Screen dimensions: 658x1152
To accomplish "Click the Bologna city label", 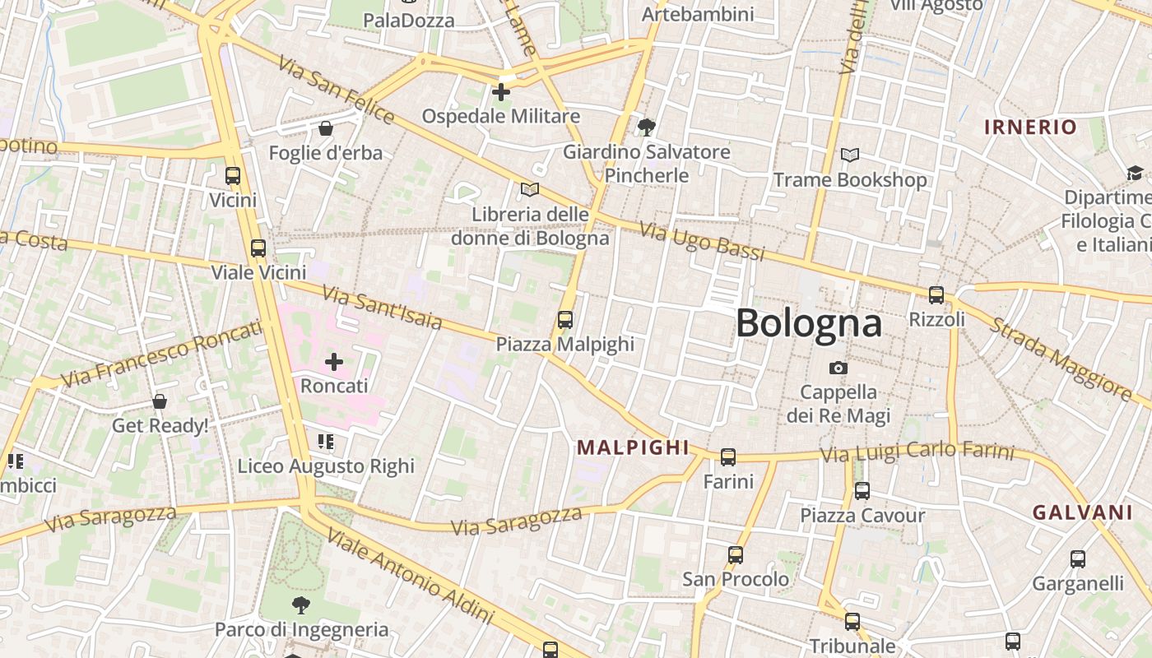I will [x=809, y=322].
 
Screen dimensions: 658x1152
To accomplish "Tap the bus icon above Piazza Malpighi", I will [x=565, y=320].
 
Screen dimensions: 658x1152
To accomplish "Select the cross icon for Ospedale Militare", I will [x=501, y=92].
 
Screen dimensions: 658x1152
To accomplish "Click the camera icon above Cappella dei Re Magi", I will [x=838, y=368].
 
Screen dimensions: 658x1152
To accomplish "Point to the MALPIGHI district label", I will [x=633, y=447].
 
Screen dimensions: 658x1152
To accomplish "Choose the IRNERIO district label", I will [x=1030, y=127].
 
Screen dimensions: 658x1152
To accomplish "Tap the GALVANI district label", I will [x=1083, y=512].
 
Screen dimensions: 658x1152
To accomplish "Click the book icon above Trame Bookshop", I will [x=850, y=155].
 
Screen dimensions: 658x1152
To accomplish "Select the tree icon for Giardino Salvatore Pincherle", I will [x=646, y=127].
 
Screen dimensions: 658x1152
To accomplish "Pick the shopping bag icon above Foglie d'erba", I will [x=326, y=128].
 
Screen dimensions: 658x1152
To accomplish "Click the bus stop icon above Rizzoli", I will [x=936, y=295].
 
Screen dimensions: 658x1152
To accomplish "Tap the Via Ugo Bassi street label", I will [x=702, y=242].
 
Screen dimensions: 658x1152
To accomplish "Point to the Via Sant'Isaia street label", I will [x=382, y=308].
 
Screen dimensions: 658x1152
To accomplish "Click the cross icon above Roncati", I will [x=334, y=362].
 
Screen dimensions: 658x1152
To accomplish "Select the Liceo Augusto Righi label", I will [x=326, y=466].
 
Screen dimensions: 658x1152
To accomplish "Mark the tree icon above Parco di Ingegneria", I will [x=301, y=605].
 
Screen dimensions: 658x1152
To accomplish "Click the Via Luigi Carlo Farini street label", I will [x=917, y=452].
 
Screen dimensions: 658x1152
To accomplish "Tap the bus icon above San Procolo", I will [x=736, y=555].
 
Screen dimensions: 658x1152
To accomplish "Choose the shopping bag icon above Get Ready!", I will [x=160, y=401].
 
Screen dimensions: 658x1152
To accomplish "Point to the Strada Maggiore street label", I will [x=1060, y=359].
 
